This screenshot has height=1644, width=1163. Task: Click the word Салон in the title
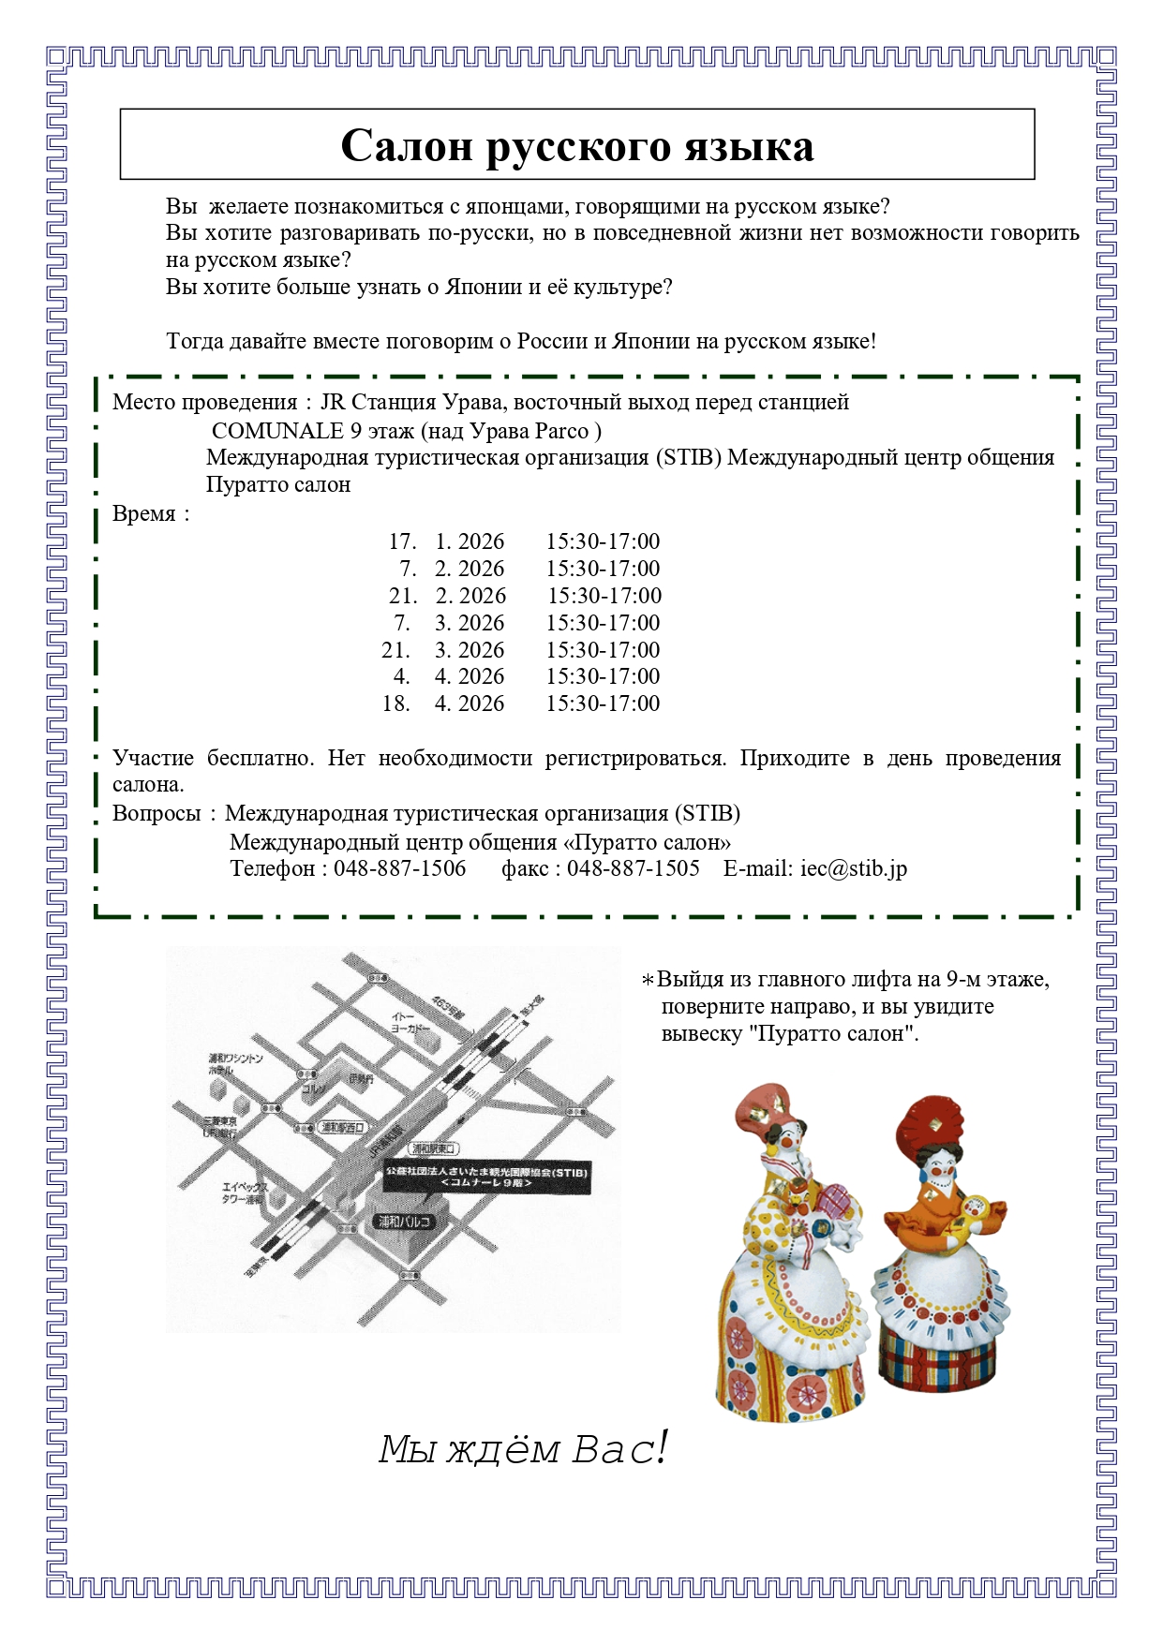point(406,146)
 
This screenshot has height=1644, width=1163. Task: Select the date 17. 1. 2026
point(446,541)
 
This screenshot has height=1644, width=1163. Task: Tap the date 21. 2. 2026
point(447,596)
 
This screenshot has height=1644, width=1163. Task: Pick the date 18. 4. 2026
point(443,704)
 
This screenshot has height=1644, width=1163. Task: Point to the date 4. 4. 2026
point(448,676)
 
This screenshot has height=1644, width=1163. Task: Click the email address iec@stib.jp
point(853,868)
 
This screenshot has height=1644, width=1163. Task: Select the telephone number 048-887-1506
point(399,868)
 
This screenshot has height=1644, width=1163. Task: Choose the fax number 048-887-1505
point(633,868)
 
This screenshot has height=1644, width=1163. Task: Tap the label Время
point(144,514)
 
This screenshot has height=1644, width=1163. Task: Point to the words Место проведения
point(204,403)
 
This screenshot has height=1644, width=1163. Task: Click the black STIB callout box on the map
point(486,1177)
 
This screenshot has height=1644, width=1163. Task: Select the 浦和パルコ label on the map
point(404,1222)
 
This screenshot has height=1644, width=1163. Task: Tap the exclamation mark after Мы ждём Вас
point(663,1446)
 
